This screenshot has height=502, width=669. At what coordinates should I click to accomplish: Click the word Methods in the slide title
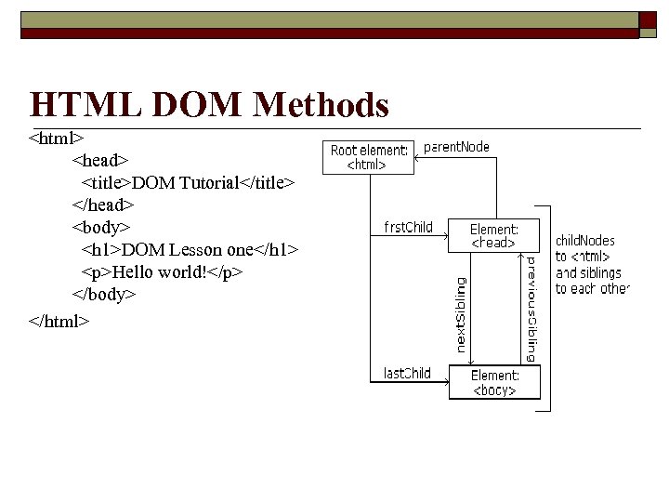(320, 105)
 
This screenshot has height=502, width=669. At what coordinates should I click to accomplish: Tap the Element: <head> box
(493, 235)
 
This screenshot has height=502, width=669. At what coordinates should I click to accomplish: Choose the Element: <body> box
(494, 382)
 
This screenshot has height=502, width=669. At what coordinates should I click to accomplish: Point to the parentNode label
(456, 147)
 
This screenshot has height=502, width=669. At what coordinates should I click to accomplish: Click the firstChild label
(408, 227)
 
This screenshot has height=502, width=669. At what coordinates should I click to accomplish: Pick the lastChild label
(407, 374)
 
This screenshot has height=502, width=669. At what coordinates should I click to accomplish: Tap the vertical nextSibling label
(462, 314)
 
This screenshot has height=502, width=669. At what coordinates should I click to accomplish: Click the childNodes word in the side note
(584, 241)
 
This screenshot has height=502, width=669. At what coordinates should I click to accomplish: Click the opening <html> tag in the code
(50, 139)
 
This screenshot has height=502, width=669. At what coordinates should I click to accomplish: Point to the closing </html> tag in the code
(59, 321)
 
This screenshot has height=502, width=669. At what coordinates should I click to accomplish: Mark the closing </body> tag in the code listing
(105, 295)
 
